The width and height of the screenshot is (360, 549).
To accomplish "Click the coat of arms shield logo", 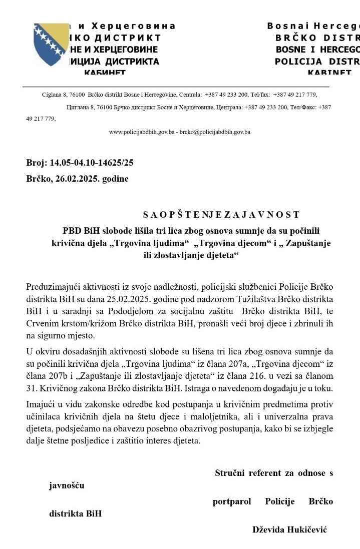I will (50, 48).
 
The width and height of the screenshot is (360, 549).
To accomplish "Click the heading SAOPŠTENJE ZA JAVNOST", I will (221, 215).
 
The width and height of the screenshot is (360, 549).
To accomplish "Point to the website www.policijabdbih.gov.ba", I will (142, 132).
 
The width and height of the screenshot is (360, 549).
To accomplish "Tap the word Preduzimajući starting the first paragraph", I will (55, 288).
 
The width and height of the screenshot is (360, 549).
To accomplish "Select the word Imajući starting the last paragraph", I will (42, 404).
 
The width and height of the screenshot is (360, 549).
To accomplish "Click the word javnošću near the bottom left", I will (67, 485).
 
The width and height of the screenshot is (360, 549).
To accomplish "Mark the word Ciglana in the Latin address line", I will (51, 94).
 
